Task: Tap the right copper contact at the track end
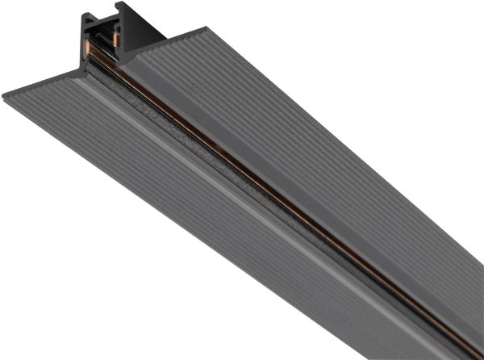[x=116, y=38]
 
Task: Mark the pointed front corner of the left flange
[x=5, y=94]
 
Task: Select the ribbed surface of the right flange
[x=323, y=145]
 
